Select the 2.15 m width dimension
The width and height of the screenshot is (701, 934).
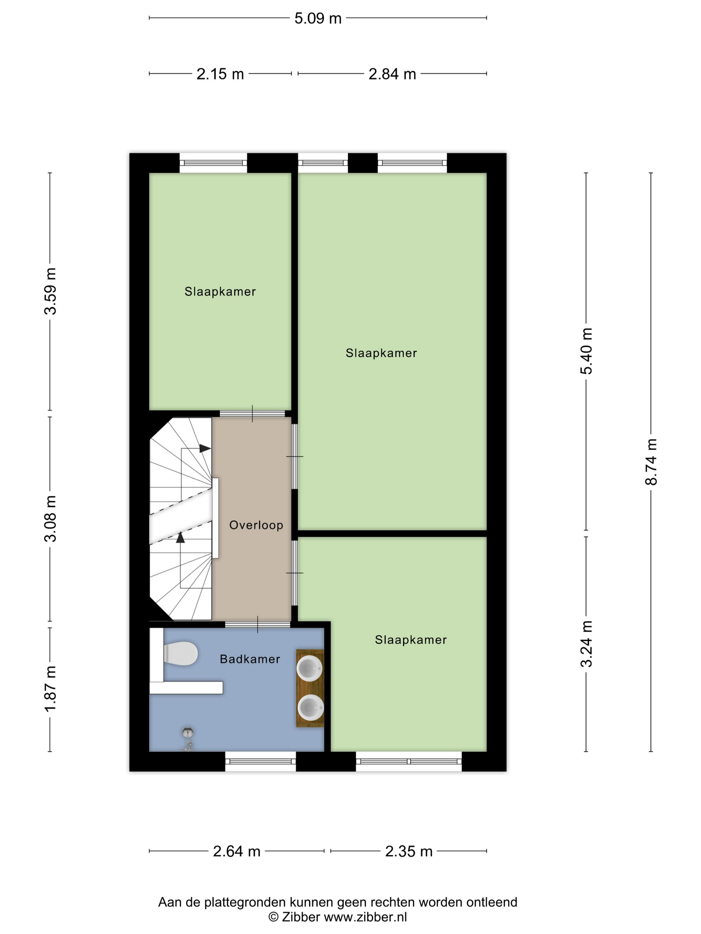point(220,74)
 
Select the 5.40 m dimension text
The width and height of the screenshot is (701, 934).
point(586,351)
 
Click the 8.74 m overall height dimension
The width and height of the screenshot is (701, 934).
point(651,462)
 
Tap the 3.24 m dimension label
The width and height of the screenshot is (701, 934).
point(586,644)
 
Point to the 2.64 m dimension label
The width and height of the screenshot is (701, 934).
point(236,851)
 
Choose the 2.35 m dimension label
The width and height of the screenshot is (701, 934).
point(408,851)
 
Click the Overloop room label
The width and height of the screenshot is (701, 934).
point(256,525)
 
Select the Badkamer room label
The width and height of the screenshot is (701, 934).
point(250,659)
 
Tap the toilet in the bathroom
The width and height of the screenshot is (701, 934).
point(181,653)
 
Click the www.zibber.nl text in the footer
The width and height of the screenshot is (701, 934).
point(365,917)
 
